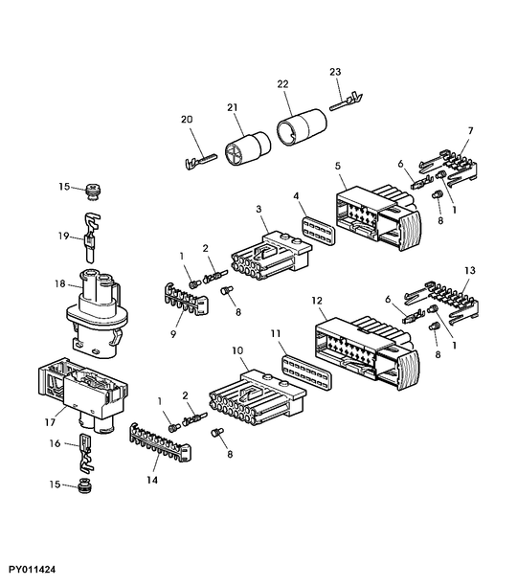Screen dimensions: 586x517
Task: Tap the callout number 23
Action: (x=335, y=72)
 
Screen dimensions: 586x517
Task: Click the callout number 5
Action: (x=338, y=167)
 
